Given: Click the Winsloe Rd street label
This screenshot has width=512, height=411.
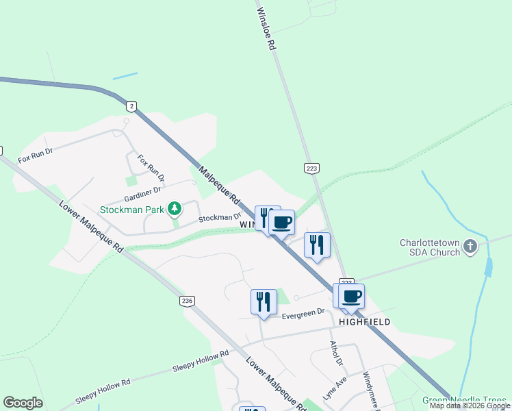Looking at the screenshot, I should point(266,28).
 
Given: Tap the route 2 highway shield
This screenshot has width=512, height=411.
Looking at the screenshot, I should point(131,106).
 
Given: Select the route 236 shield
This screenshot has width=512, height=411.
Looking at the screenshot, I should point(186,301).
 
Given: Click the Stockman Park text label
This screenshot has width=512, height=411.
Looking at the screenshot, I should point(132,210).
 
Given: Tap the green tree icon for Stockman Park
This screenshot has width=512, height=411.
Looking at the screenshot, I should point(175,208).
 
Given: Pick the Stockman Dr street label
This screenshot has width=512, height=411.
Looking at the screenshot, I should point(220,219).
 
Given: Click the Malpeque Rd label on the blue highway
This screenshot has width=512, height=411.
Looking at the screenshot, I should point(220,187).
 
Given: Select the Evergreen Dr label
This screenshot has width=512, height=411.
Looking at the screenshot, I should point(303,312).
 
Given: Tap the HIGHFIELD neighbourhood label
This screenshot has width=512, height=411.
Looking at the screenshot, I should point(365,321).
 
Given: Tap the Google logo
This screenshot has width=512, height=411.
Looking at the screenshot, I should point(23,403).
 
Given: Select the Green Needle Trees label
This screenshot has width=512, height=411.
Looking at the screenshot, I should point(465,400).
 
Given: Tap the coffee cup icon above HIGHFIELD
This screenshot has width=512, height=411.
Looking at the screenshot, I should point(352,296).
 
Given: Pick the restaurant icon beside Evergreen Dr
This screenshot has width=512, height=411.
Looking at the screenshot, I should point(264,301).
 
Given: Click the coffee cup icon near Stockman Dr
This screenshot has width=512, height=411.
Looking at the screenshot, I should point(282,222).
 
